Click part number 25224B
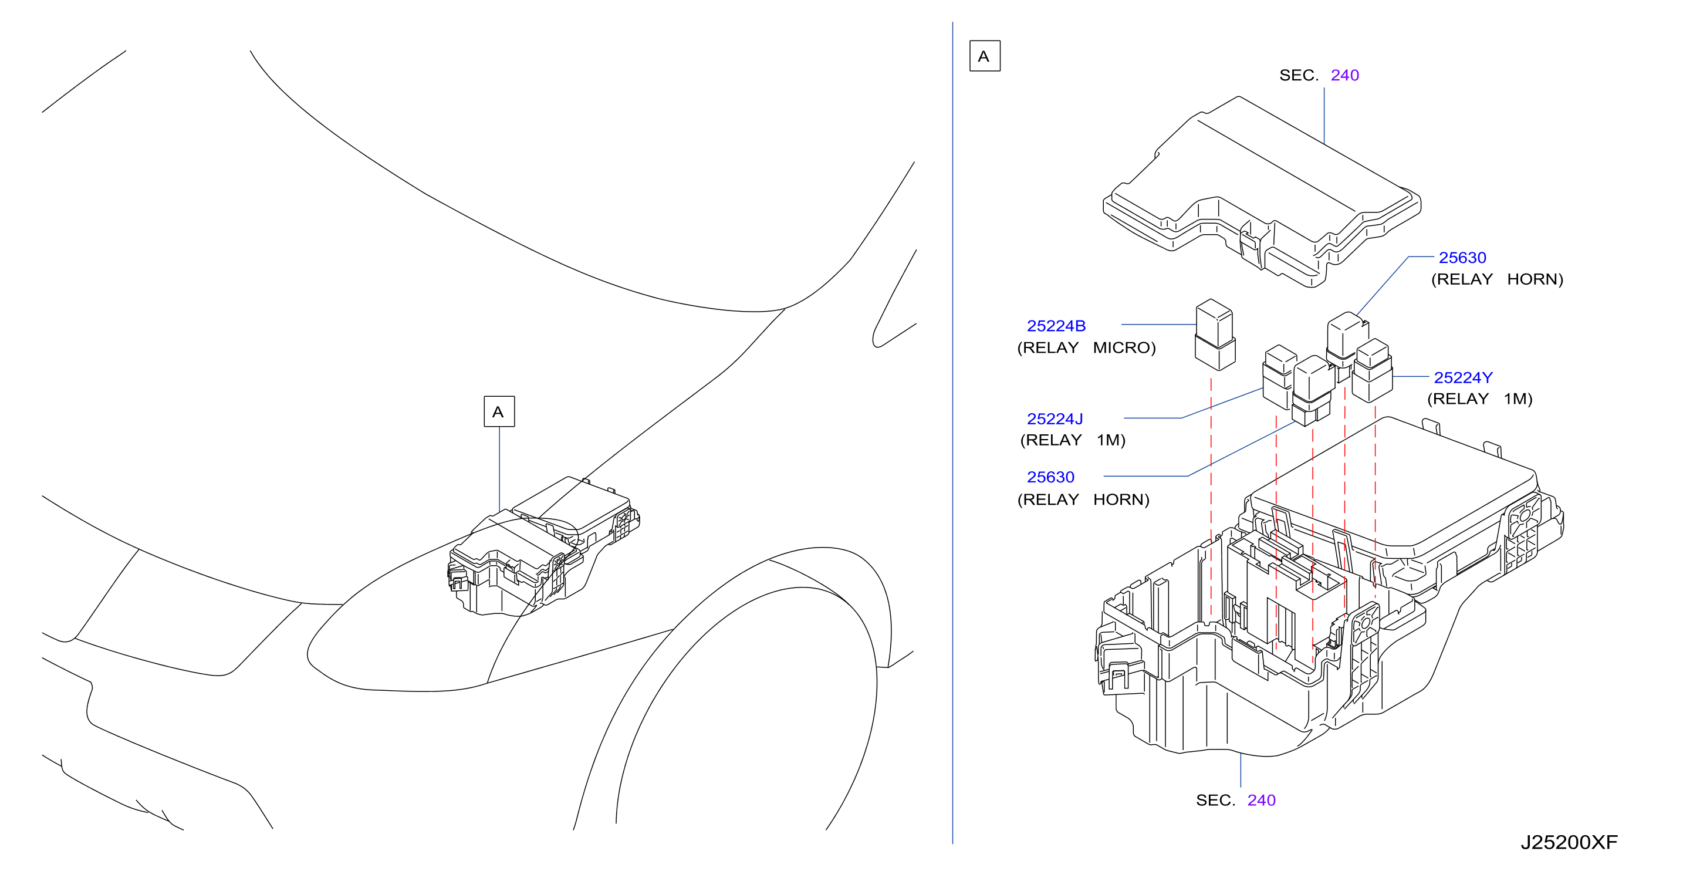[x=1056, y=325]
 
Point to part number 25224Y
[x=1463, y=377]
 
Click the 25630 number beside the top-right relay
[x=1462, y=258]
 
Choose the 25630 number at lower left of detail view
[x=1050, y=477]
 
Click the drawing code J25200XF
[x=1569, y=842]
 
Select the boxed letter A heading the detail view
[x=985, y=56]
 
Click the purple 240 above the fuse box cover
[x=1344, y=75]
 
